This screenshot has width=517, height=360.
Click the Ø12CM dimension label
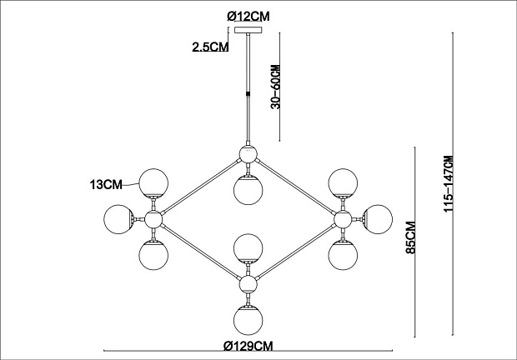[x=248, y=16]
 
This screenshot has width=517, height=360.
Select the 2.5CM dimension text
[x=210, y=47]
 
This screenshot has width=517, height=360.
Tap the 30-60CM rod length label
[x=275, y=87]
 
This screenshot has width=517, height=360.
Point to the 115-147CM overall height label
[x=449, y=184]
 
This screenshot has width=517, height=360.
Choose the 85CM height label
[x=411, y=237]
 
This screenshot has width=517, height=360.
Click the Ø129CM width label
[x=248, y=346]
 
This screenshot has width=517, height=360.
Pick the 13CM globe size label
[x=106, y=184]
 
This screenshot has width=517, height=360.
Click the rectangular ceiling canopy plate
[x=248, y=30]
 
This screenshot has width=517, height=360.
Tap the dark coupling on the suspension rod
[x=248, y=93]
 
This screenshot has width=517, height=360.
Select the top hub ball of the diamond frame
[x=248, y=154]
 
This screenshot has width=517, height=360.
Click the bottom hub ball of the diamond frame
[x=248, y=284]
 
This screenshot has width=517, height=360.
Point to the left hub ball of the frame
[x=153, y=219]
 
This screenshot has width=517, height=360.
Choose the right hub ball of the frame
[x=343, y=219]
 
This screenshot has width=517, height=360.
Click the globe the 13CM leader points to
[x=153, y=183]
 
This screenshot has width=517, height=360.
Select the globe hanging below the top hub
[x=248, y=190]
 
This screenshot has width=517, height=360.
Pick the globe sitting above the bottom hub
[x=248, y=248]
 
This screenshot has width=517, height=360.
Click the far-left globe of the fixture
[x=118, y=219]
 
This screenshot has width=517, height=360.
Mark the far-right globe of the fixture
[x=378, y=219]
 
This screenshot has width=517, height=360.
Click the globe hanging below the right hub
[x=343, y=255]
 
